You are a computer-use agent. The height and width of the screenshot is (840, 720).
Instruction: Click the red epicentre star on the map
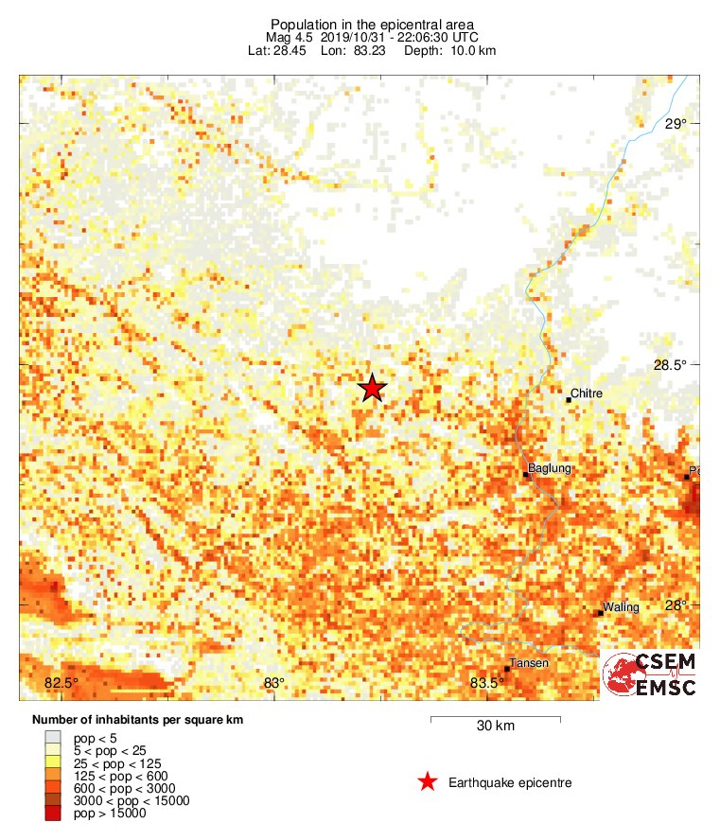(372, 388)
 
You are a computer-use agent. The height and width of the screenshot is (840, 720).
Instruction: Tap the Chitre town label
(587, 394)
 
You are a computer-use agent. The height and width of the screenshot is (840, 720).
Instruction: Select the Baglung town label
(550, 468)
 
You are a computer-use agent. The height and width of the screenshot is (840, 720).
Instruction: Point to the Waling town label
(622, 607)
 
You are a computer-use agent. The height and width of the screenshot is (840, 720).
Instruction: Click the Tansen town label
(529, 663)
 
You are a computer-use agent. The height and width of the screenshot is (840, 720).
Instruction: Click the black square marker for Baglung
(526, 475)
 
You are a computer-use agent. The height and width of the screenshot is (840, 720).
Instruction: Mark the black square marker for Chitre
(569, 400)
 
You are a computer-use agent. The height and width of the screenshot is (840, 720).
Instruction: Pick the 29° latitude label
(676, 124)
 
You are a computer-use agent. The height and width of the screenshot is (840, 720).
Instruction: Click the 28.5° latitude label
(673, 366)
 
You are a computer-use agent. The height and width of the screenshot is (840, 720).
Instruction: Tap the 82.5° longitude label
(61, 684)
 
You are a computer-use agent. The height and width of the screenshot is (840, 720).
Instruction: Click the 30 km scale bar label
(495, 726)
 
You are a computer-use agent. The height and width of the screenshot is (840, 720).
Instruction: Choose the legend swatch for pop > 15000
(53, 813)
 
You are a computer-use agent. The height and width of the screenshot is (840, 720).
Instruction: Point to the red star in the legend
(428, 781)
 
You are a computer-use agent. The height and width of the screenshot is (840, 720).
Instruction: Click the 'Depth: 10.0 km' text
(450, 50)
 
